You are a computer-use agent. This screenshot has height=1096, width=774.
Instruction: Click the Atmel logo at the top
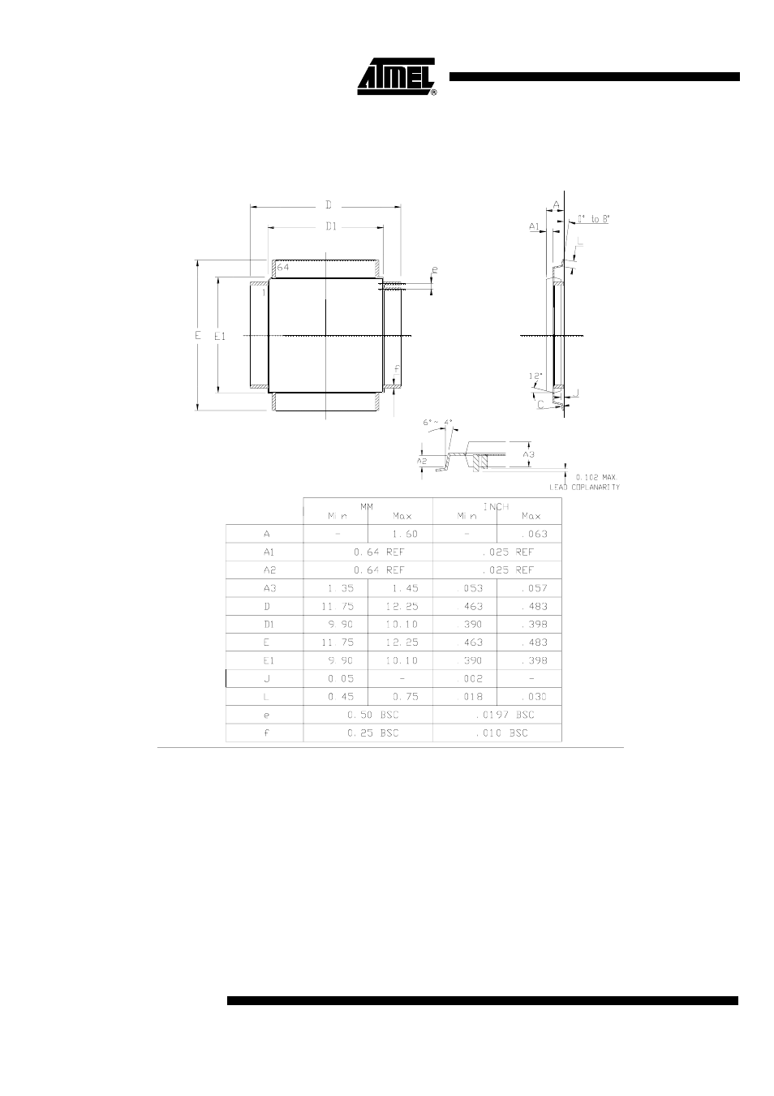(398, 77)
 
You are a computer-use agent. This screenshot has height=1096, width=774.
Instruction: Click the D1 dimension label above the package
(331, 227)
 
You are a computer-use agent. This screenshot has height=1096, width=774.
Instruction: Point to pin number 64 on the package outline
(283, 267)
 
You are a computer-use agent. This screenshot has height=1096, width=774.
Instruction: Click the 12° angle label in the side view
(534, 376)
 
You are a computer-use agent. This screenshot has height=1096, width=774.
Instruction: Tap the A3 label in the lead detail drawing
(528, 454)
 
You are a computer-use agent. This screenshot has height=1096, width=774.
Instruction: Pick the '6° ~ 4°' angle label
(438, 423)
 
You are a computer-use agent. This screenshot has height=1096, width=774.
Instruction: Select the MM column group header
(367, 505)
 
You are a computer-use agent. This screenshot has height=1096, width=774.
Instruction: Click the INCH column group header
(497, 506)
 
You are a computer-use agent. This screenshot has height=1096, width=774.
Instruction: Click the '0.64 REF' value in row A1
(368, 552)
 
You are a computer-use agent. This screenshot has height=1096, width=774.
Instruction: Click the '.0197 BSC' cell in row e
(497, 715)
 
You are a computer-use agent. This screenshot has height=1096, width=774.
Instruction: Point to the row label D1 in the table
(268, 624)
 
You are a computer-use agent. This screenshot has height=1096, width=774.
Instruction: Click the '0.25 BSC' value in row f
(368, 733)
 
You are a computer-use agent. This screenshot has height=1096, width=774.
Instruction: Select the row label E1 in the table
(268, 660)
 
